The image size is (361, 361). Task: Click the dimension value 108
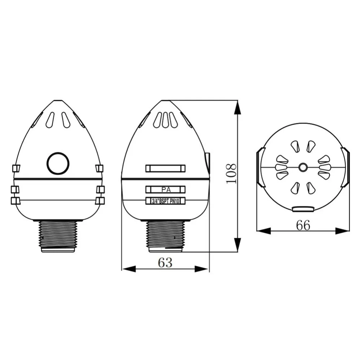pos(231,174)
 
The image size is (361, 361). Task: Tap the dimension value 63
pos(165,262)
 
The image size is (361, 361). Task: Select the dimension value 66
pos(303,225)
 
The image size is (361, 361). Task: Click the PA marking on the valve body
pos(166,190)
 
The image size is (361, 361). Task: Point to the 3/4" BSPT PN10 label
pos(165,201)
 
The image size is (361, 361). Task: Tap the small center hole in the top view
pos(303,167)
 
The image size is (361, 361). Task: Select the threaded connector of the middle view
pos(165,236)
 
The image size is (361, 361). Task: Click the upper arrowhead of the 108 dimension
pos(238,107)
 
